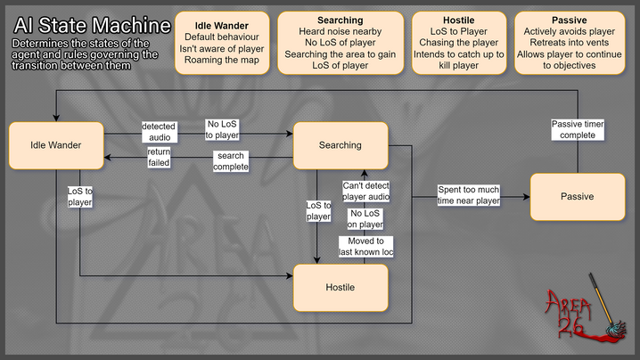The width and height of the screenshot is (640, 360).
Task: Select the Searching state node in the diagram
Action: coord(340,145)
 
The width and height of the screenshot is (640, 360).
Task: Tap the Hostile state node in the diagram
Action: coord(340,287)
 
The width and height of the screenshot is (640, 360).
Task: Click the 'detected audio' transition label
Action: coord(159,132)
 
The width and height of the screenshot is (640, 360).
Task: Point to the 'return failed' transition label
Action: coord(159,157)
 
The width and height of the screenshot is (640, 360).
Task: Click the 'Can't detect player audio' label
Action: coord(365,191)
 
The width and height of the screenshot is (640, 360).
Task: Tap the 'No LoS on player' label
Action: coord(365,219)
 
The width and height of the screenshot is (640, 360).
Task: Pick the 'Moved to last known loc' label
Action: coord(365,248)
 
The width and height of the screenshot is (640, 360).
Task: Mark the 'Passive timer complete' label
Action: coord(578,129)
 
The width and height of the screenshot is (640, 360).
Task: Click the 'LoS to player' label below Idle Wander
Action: coord(80,196)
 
